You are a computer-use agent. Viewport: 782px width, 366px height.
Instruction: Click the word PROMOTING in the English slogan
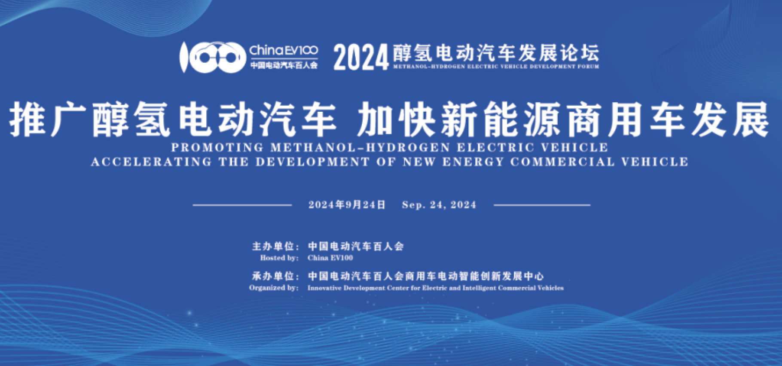(217, 147)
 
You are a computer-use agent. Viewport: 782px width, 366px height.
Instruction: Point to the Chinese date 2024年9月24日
(347, 204)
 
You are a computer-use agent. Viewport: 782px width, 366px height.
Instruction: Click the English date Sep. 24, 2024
(439, 204)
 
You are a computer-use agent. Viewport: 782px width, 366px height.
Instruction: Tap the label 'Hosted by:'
(279, 258)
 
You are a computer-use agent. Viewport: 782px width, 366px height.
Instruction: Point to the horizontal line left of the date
(242, 205)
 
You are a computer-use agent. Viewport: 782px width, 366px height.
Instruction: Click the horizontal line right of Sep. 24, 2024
(542, 205)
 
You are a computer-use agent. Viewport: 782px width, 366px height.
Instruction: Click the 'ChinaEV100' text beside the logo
(283, 51)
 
